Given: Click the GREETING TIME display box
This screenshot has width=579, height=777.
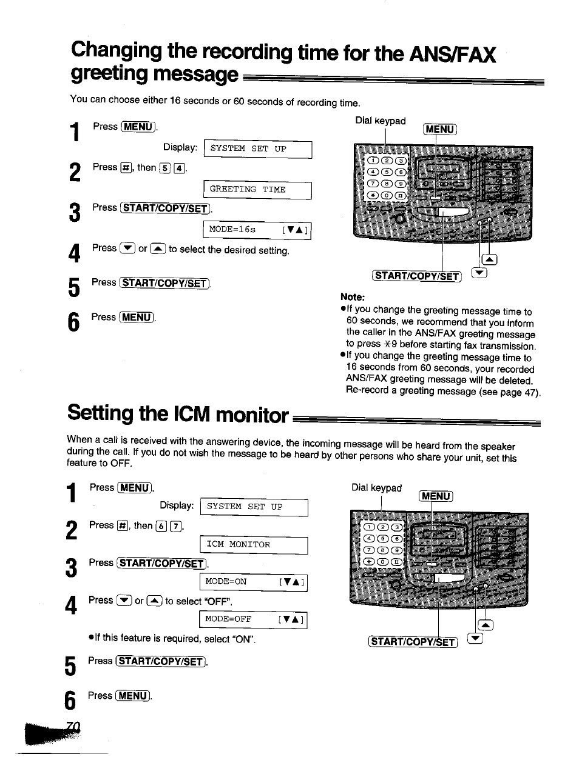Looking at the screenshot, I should point(257,190).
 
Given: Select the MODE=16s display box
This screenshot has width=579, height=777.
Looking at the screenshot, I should point(257,230).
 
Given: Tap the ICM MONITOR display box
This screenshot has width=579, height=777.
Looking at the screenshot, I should point(254,545).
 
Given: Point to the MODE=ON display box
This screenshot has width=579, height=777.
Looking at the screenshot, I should point(253,582).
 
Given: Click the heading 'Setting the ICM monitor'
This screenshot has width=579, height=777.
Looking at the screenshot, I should point(178,414).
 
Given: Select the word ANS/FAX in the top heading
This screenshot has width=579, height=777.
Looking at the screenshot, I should point(453,55).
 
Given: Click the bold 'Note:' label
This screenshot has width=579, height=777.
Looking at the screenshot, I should point(353,297).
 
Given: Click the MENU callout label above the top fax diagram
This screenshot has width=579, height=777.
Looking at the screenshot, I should point(440,129).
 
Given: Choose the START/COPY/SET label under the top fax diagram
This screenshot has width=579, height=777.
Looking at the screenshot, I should point(416,276).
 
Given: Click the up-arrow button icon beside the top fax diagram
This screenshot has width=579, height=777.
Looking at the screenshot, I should point(490,260).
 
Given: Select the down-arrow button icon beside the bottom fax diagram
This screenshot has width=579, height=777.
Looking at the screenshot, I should point(475,639).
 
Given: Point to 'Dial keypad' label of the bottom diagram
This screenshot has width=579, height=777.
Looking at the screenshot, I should point(376,488).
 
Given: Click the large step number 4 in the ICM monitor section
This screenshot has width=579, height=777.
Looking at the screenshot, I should point(72,605).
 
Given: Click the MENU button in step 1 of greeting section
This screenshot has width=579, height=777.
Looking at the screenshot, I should point(138,127).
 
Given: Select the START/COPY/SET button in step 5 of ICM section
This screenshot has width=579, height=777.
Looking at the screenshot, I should point(161,661).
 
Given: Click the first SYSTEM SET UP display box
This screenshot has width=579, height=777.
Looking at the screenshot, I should point(257,149).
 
